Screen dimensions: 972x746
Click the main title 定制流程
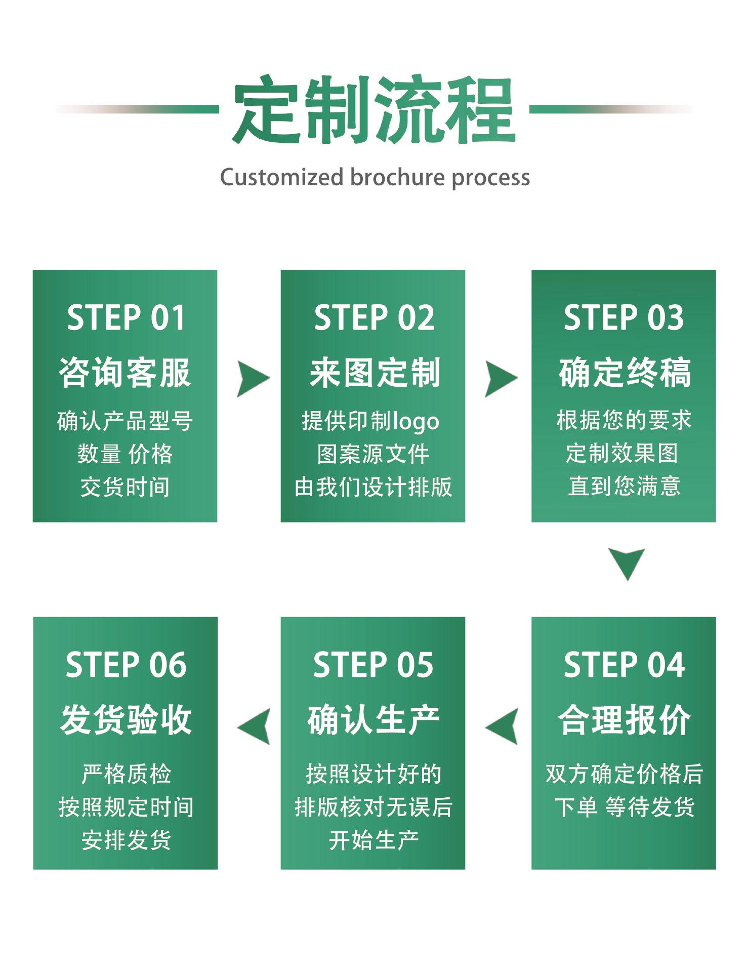(x=374, y=109)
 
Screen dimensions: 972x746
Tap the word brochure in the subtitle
(x=396, y=177)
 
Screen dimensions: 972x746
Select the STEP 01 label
(x=126, y=318)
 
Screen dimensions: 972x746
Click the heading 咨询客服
(x=125, y=373)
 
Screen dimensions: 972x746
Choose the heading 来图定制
(x=374, y=373)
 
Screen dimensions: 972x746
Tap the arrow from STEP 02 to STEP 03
(x=500, y=379)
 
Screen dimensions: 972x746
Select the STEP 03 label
(x=624, y=318)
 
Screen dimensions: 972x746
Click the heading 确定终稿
(x=624, y=373)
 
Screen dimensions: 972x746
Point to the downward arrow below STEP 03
(x=626, y=563)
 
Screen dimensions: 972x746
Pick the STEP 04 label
(x=624, y=665)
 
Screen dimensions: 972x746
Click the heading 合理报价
(x=624, y=719)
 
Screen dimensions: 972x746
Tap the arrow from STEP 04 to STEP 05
(x=503, y=726)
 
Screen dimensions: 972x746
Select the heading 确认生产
(x=373, y=719)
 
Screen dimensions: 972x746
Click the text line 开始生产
(x=374, y=840)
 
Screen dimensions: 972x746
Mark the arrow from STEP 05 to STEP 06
(x=255, y=726)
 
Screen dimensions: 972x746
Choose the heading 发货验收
(x=126, y=719)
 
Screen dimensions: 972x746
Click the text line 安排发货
(x=126, y=840)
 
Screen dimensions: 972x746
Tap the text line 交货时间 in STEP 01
(x=125, y=487)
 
